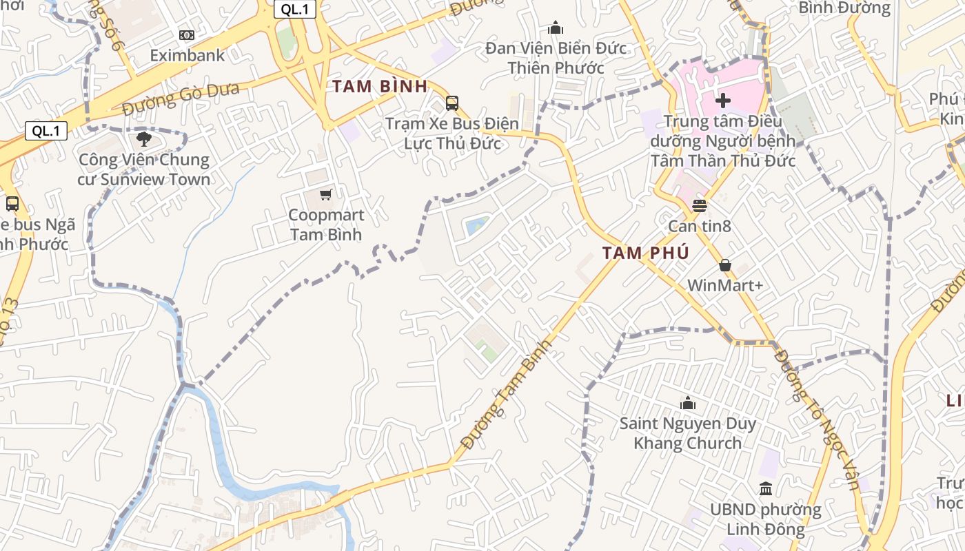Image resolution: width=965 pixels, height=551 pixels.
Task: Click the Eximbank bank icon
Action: click(186, 35)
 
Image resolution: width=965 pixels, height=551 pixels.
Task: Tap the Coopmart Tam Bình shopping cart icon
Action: click(326, 195)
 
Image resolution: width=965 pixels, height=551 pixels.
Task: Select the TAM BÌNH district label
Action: click(380, 87)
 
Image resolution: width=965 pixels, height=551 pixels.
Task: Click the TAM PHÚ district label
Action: click(645, 253)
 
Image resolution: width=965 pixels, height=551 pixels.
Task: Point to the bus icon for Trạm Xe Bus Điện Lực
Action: click(452, 103)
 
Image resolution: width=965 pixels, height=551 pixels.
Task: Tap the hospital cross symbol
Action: click(722, 101)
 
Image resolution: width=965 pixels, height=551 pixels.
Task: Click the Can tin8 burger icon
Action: click(700, 205)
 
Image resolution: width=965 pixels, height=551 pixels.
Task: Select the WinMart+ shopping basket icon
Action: click(724, 265)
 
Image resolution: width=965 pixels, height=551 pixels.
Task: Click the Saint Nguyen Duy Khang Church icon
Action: click(687, 403)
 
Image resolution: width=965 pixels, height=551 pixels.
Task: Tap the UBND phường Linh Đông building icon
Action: click(765, 489)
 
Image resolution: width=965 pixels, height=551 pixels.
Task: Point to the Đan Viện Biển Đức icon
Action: click(556, 28)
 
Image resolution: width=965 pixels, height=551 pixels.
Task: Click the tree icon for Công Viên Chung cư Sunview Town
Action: click(144, 140)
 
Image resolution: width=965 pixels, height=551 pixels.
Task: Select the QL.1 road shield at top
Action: click(295, 9)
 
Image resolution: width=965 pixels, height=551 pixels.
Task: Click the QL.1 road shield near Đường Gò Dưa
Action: click(46, 131)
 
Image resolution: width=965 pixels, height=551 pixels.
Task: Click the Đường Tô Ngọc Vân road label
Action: click(817, 419)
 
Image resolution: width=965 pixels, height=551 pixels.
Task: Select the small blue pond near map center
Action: click(477, 225)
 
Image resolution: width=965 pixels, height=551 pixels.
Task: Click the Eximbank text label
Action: click(187, 55)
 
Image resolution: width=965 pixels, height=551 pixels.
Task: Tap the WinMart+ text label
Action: click(725, 285)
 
